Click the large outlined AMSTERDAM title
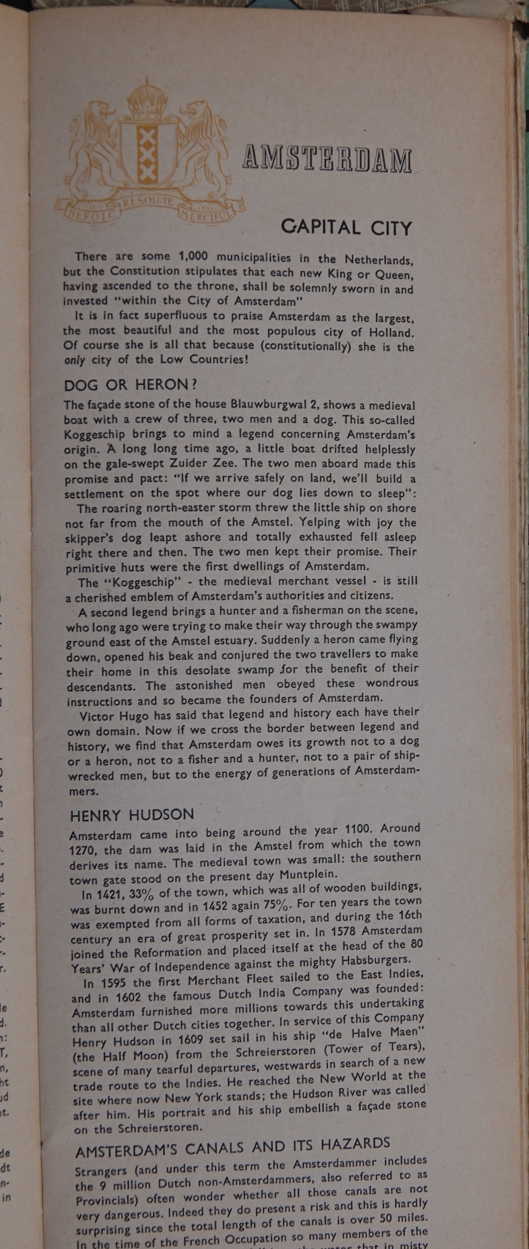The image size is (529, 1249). coord(327,159)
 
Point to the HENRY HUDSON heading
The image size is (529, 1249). coord(132,815)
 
